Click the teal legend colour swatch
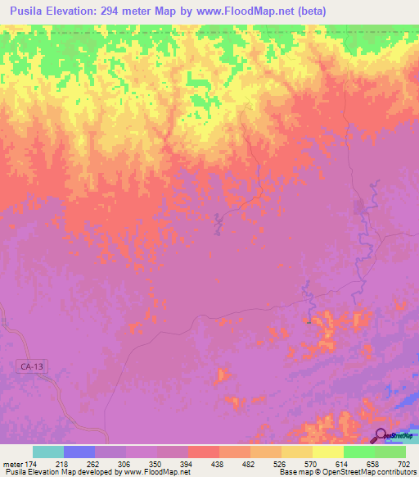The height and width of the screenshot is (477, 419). [x=48, y=452]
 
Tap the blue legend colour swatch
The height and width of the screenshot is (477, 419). [x=79, y=452]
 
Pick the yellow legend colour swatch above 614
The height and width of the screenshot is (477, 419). [x=328, y=452]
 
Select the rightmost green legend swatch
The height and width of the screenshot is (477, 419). [x=390, y=452]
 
